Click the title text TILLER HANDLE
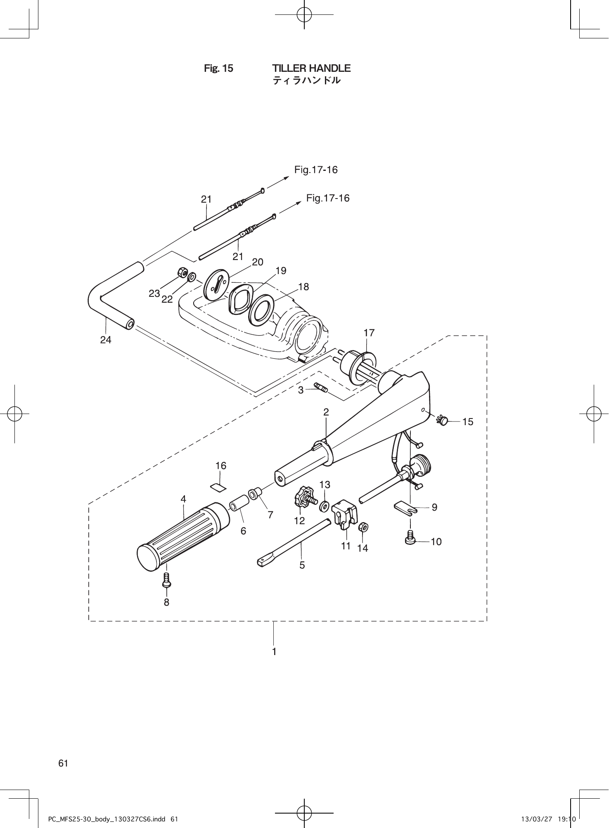click(311, 68)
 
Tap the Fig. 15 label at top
click(218, 69)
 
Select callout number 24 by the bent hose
click(106, 340)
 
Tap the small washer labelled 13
click(325, 504)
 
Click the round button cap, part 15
click(443, 421)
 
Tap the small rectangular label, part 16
click(218, 487)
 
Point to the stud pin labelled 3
click(320, 388)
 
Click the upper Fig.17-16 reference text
click(316, 170)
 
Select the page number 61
click(63, 763)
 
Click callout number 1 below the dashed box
click(274, 652)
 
